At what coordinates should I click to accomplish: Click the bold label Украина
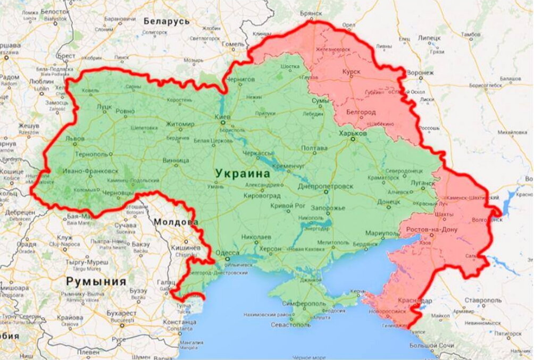243,173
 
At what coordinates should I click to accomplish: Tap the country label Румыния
96,281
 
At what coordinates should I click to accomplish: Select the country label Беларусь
166,21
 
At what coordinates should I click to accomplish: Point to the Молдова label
176,222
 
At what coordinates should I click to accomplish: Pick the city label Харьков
353,133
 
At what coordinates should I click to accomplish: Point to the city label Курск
351,71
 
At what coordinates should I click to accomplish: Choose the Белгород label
361,112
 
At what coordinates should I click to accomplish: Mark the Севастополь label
292,324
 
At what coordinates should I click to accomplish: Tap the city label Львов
74,138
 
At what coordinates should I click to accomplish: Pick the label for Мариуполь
382,234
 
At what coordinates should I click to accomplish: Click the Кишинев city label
185,248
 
